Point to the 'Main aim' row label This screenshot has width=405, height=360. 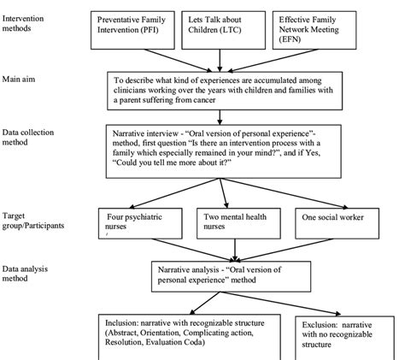[23, 79]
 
